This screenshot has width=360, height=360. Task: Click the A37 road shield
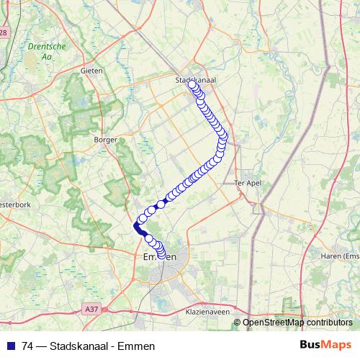click(90, 309)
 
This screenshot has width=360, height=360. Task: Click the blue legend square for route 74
click(12, 346)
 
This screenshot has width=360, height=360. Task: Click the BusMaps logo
click(327, 345)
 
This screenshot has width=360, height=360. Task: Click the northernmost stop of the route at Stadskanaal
click(192, 84)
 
